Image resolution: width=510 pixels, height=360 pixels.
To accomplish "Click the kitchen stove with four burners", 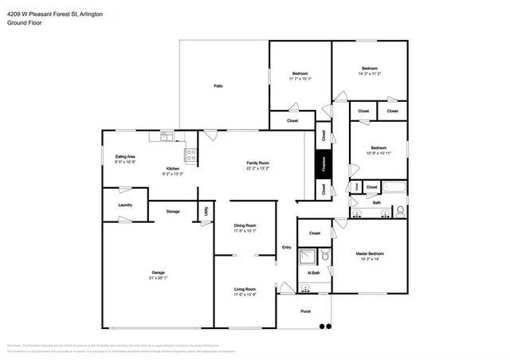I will (x=191, y=155).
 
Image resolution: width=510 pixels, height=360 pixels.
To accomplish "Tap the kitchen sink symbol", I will (x=166, y=136).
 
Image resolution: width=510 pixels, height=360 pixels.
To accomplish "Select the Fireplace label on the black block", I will (x=324, y=168).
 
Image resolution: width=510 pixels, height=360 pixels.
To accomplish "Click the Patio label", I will (x=218, y=86).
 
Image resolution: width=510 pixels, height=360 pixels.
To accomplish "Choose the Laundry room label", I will (x=124, y=205).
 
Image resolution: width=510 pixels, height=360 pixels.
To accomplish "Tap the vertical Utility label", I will (x=206, y=211).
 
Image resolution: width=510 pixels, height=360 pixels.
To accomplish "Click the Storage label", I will (x=173, y=212).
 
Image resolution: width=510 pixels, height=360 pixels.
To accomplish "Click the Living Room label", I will (x=245, y=288).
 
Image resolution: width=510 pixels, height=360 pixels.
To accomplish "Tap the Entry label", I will (x=287, y=247).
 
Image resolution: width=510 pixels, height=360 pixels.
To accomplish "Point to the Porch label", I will (x=305, y=313).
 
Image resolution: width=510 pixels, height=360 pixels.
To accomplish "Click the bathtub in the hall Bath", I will (x=394, y=188).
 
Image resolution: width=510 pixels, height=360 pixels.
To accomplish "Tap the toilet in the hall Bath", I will (x=400, y=211).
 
